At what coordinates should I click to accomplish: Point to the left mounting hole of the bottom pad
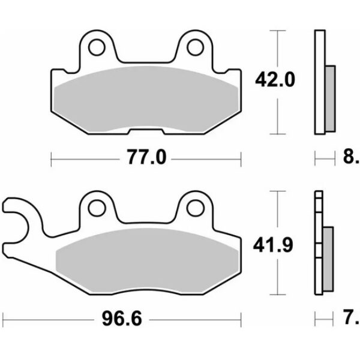point(95,208)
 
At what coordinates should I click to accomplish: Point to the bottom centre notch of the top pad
point(146,130)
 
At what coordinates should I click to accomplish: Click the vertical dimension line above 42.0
point(277,48)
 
